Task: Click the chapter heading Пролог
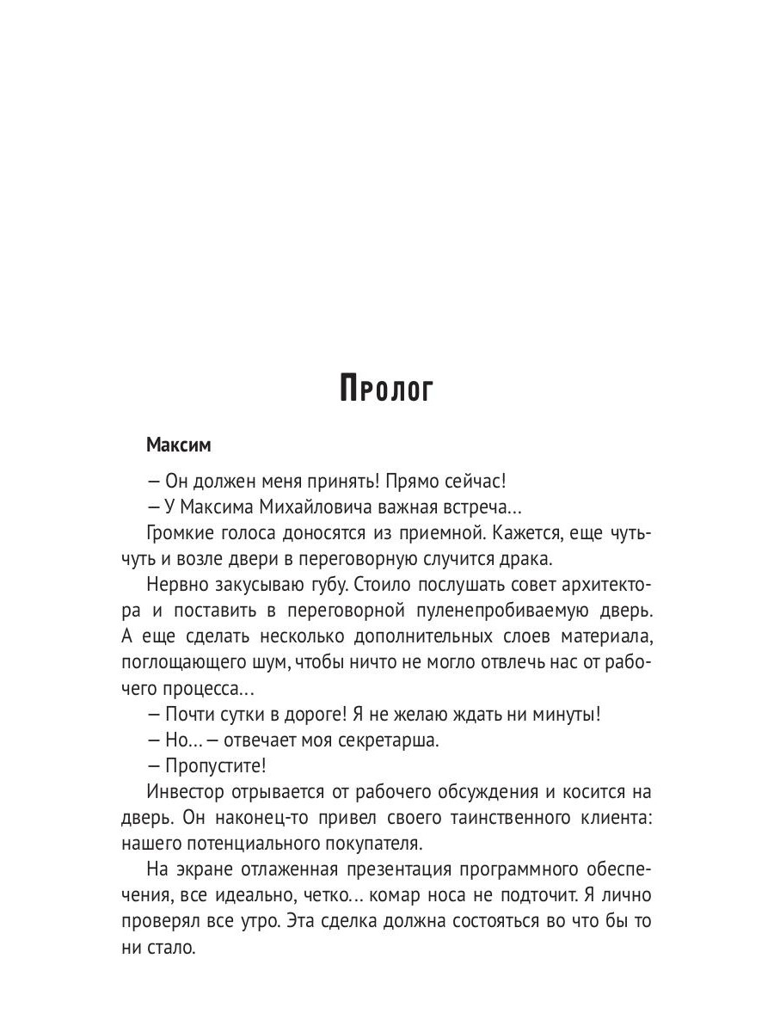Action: pyautogui.click(x=387, y=389)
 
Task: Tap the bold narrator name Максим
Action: pyautogui.click(x=178, y=445)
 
